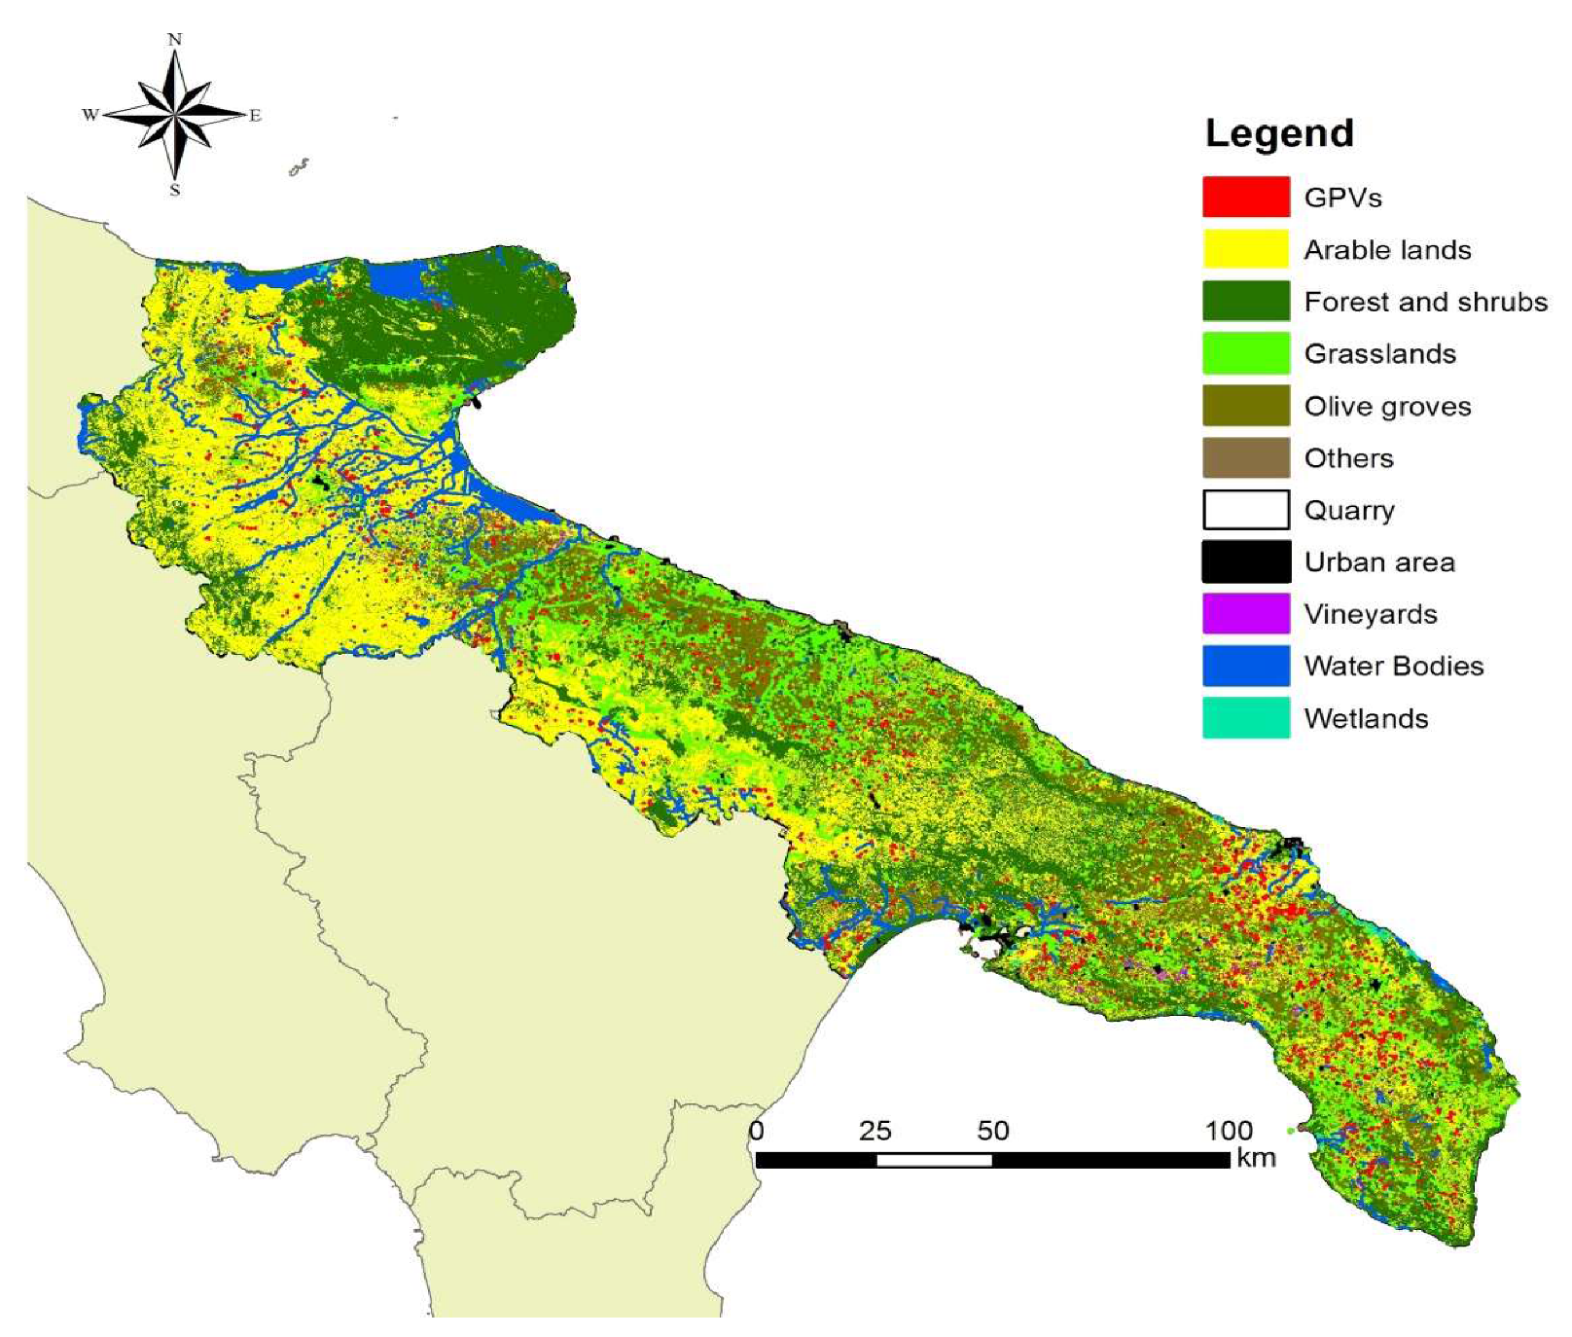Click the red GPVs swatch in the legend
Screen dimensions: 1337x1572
pos(1245,197)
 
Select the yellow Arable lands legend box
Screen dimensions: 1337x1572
pos(1245,249)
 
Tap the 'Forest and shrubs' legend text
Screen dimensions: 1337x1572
pos(1425,302)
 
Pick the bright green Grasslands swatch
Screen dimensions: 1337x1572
pos(1245,353)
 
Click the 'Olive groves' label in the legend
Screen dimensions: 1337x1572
pos(1387,406)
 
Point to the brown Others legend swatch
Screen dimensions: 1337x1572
pos(1245,457)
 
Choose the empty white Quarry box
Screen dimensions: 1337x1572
pos(1245,510)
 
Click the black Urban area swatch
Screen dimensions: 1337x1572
pos(1245,561)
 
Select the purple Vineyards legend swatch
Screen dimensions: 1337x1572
pos(1245,614)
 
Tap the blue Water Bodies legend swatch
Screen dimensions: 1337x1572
pos(1245,666)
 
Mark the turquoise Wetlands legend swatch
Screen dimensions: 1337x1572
pos(1245,718)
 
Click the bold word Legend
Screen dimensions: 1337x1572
pos(1278,133)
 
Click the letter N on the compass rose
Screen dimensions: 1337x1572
pos(175,40)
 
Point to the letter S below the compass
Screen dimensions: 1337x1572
pos(175,190)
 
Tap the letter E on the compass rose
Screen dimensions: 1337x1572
pos(256,116)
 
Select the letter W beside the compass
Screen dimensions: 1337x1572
pos(89,115)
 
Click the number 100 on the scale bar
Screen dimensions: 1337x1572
pos(1228,1131)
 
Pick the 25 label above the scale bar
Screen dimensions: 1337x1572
pos(875,1131)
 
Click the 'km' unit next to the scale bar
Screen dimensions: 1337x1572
pos(1255,1158)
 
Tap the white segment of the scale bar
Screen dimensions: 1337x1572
pos(934,1160)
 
